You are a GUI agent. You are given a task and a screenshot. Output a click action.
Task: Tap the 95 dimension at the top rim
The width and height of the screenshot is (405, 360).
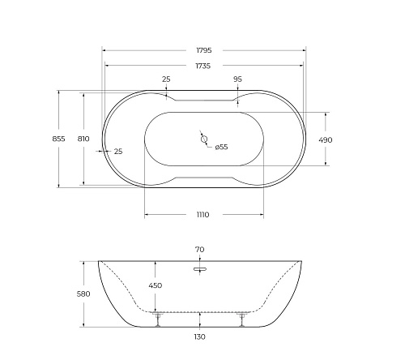[x=237, y=79]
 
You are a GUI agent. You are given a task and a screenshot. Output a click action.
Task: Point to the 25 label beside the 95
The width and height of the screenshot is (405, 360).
[x=166, y=79]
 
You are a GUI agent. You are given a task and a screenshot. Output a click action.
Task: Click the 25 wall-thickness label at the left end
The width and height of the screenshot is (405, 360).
[x=118, y=152]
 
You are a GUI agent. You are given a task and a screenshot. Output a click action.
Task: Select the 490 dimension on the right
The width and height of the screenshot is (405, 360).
[x=326, y=139]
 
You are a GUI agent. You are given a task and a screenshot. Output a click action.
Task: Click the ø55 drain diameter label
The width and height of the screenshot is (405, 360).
[x=221, y=147]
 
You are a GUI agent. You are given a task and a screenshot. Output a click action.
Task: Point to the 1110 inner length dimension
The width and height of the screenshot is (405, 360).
[x=202, y=215]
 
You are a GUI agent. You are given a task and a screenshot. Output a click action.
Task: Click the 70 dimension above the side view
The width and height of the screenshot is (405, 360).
[x=200, y=250]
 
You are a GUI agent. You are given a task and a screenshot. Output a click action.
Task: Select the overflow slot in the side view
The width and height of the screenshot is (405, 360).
[x=200, y=264]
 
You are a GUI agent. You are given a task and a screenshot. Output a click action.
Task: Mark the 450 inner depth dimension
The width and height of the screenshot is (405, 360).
[x=155, y=285]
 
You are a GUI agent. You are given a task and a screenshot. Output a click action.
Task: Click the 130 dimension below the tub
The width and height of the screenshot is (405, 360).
[x=200, y=336]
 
